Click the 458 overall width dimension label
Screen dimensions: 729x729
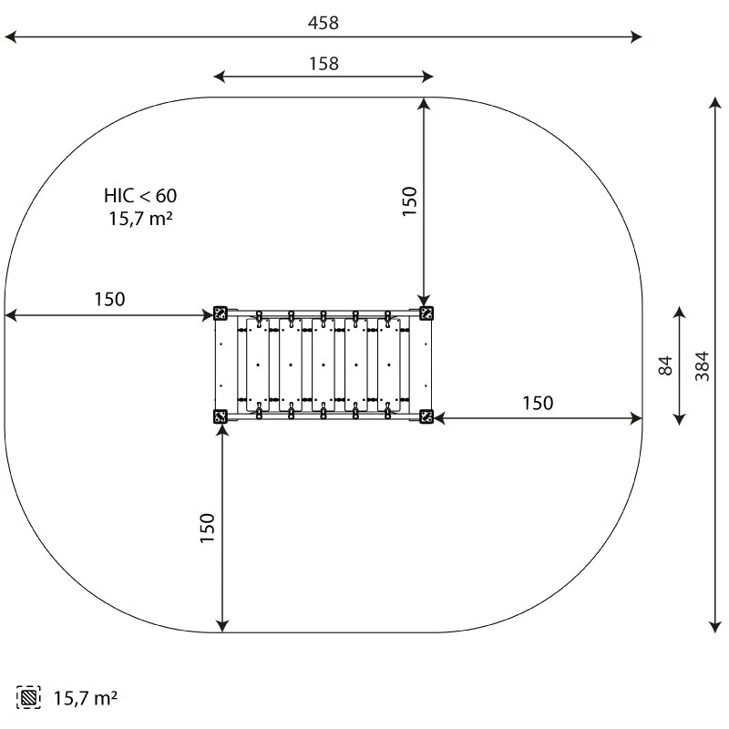pos(323,23)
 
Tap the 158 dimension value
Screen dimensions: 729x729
pos(324,64)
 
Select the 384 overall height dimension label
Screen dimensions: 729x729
pos(702,366)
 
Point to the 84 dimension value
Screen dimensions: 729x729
pos(666,365)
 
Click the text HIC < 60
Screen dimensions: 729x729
pos(140,196)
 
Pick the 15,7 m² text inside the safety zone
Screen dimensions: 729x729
pos(141,219)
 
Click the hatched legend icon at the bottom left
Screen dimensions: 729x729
pos(28,697)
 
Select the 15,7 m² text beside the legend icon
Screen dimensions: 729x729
pos(86,698)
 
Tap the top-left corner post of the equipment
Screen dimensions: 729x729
pos(220,313)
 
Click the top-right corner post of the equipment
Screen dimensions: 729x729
pos(426,313)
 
